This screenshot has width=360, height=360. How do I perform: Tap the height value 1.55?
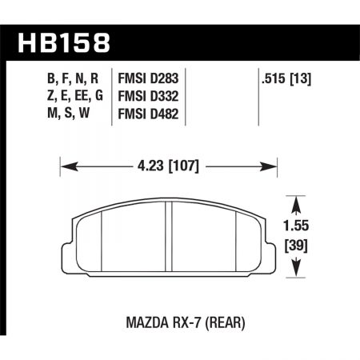tap(298, 227)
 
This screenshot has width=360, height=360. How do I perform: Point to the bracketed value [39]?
tap(298, 243)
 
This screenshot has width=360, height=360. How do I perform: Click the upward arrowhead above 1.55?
tap(298, 202)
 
